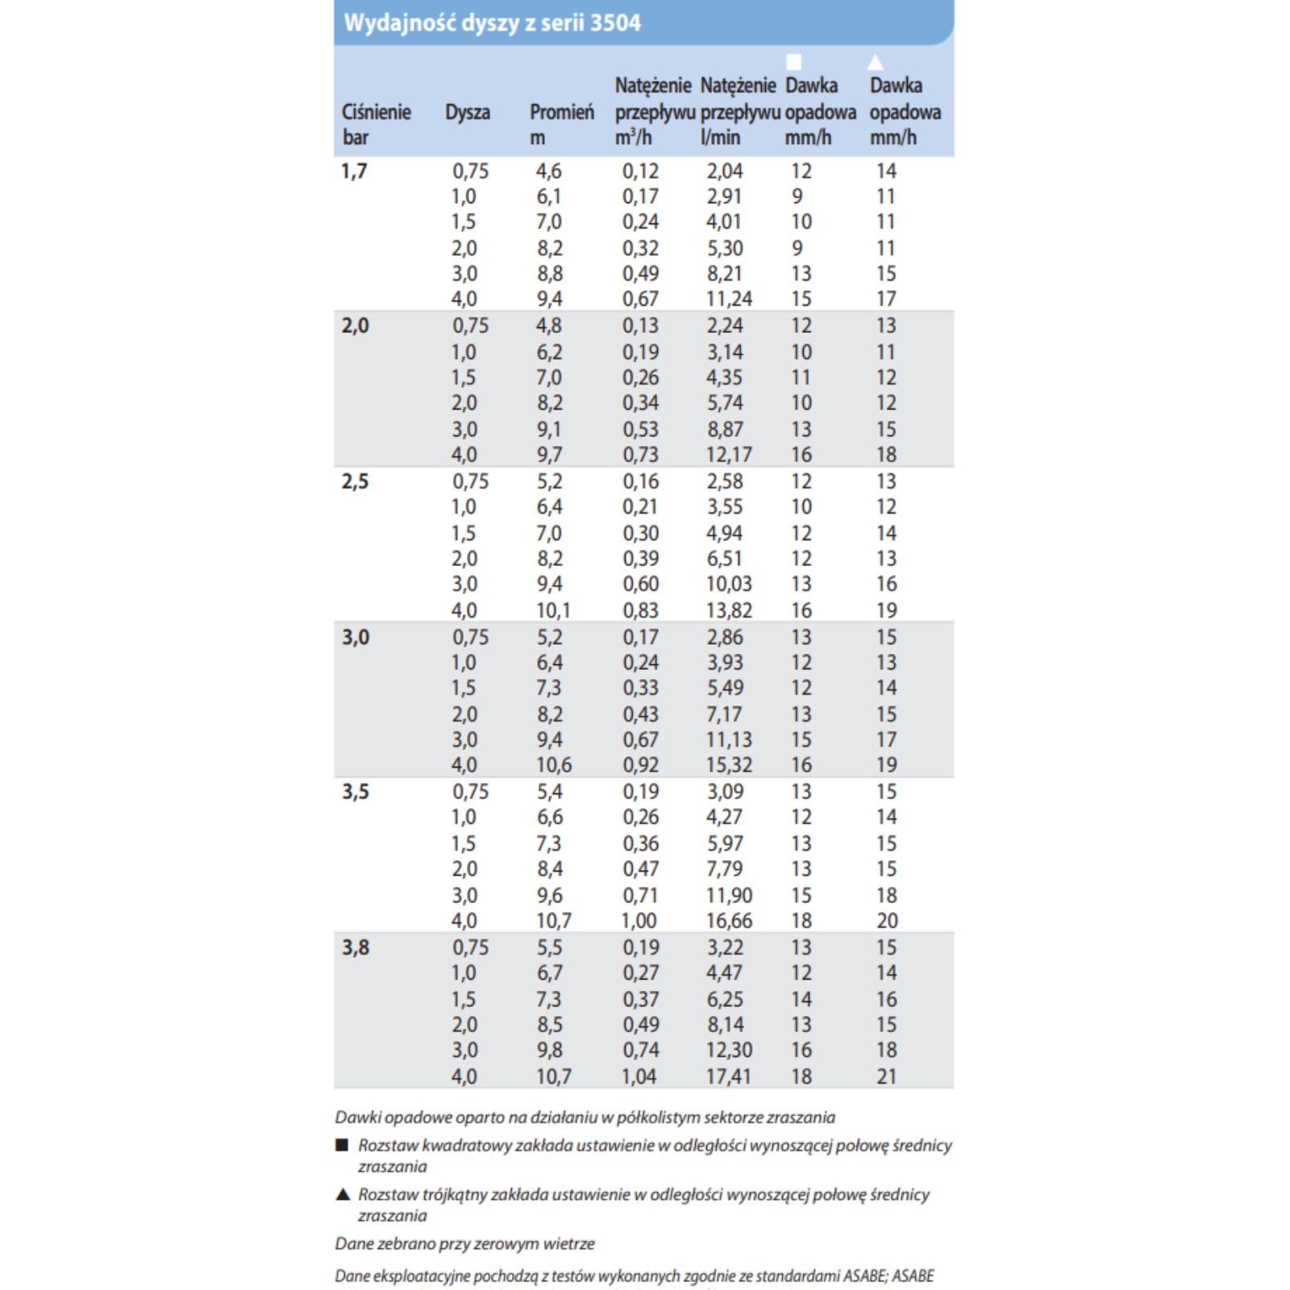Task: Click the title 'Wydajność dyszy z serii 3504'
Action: pos(492,23)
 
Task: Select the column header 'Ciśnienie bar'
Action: pos(376,124)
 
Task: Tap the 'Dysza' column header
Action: pos(468,112)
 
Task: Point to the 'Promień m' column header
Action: pos(561,124)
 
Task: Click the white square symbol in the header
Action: pos(794,62)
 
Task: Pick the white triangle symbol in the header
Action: pos(876,62)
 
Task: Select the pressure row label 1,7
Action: pos(354,171)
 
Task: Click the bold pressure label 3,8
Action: pos(356,947)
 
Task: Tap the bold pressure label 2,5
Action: pos(356,481)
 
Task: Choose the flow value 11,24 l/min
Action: pos(729,299)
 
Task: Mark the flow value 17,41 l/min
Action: pos(728,1076)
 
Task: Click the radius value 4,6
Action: pos(549,171)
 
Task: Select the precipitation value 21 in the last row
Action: pos(887,1076)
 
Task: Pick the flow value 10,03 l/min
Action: pos(729,584)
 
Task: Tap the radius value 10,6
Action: pos(554,764)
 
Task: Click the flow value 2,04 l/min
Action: pos(725,171)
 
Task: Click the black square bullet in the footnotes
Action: pos(342,1145)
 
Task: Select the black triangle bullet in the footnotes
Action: pos(342,1194)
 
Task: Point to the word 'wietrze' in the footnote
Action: pos(568,1243)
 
